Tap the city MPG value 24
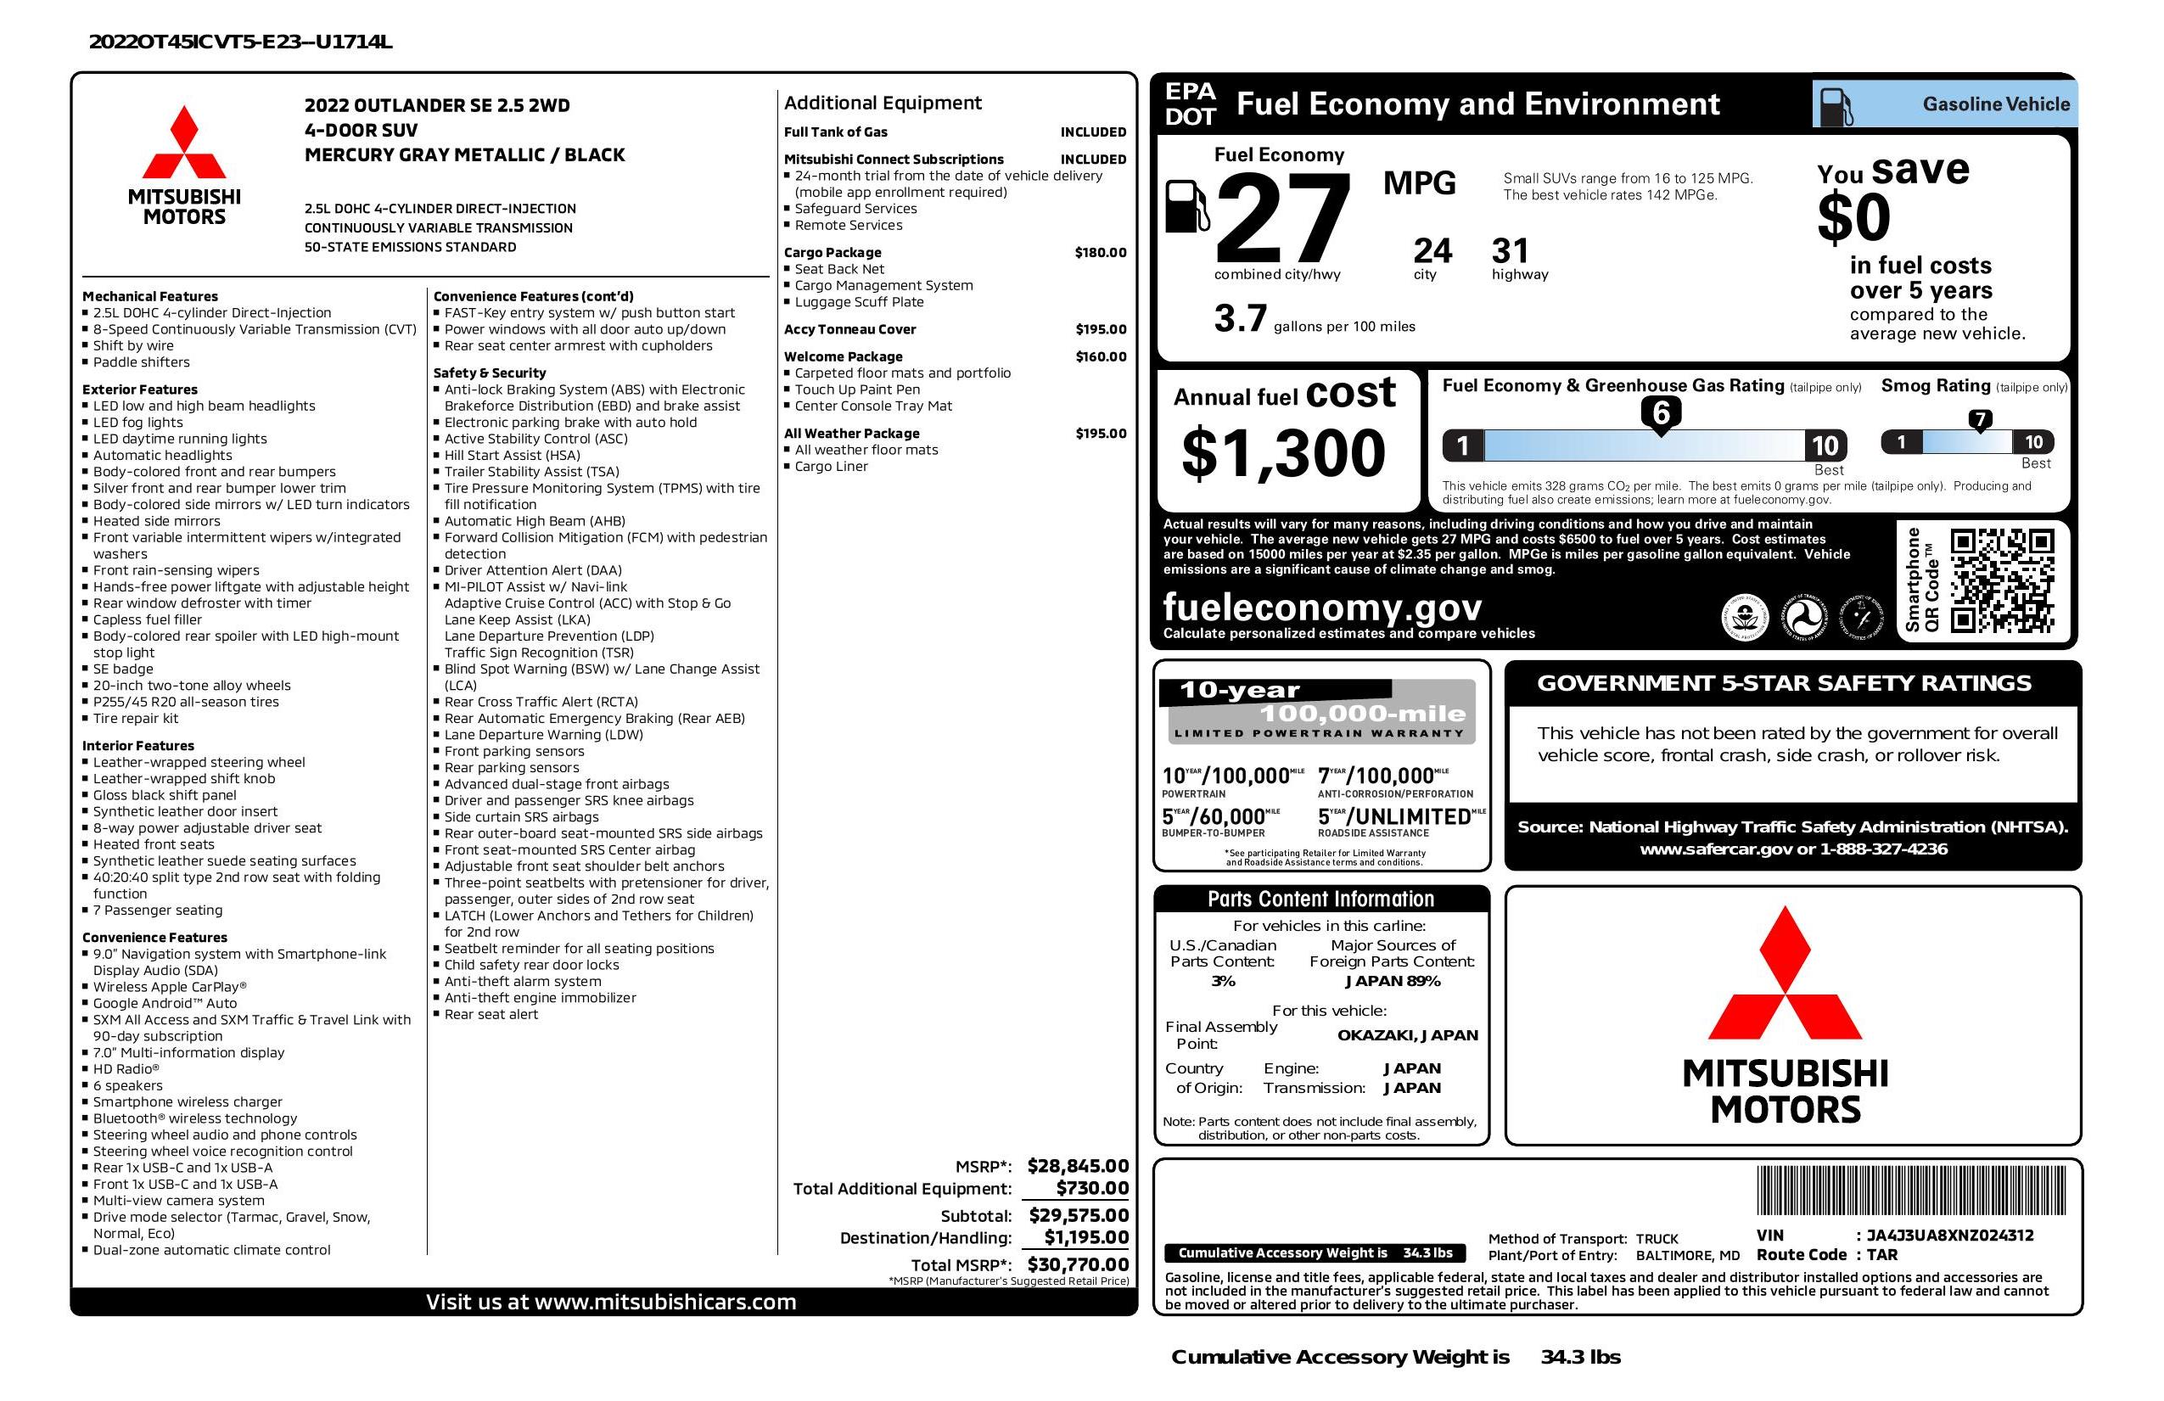1432,251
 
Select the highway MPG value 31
1511,251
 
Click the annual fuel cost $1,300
1283,453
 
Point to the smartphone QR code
2002,581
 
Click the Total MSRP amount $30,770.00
1078,1264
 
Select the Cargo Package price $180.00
1100,253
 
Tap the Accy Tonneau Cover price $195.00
1100,329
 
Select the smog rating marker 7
1979,420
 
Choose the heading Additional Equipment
882,103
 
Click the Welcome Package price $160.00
1100,356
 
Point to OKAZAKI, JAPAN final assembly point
1407,1034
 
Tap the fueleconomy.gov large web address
1322,607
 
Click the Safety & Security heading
489,373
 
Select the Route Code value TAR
1881,1255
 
